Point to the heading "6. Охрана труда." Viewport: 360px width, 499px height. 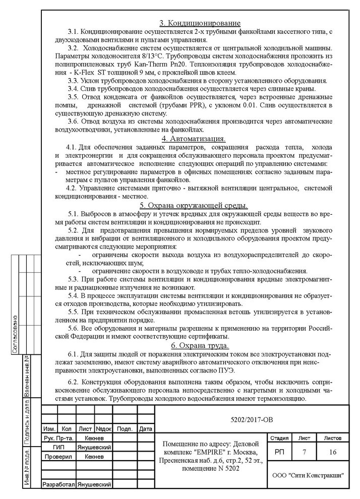tap(200, 345)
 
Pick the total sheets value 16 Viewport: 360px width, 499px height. tap(333, 452)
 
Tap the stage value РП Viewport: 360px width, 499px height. tap(279, 452)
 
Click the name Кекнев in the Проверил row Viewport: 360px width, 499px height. tap(94, 456)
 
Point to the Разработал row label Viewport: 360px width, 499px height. tap(58, 484)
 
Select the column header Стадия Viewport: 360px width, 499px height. tap(279, 439)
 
